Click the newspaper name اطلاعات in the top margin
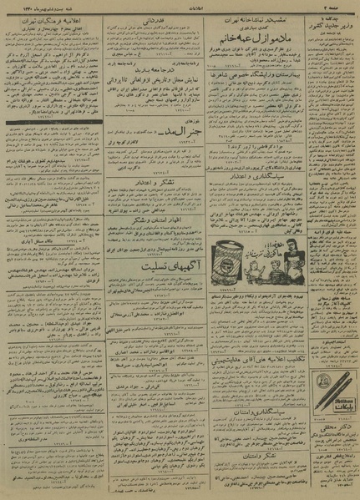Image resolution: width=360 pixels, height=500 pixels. (x=179, y=4)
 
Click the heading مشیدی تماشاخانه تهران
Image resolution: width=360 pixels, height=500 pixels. (x=255, y=18)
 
